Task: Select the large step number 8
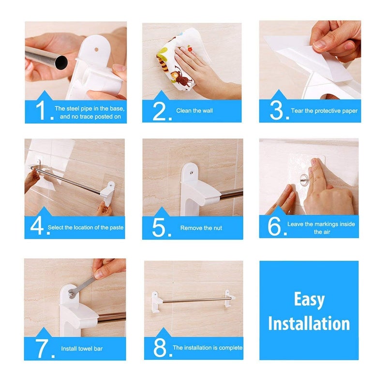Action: (162, 347)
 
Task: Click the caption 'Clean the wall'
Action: (194, 111)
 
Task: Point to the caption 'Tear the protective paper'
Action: (324, 111)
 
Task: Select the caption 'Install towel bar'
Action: (81, 348)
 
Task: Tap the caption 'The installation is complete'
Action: (207, 348)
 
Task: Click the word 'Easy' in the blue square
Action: (309, 299)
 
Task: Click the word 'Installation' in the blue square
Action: (309, 323)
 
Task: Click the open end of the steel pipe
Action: (61, 62)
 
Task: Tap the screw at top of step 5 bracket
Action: (191, 170)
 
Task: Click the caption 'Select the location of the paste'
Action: (86, 227)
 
